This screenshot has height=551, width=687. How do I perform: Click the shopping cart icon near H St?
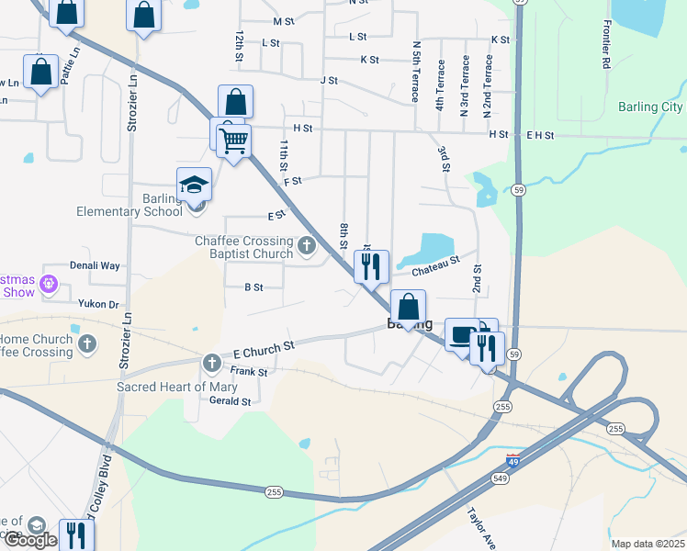(x=233, y=141)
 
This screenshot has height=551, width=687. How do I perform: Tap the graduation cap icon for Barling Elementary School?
(x=195, y=186)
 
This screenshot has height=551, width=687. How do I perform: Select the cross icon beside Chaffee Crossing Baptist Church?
(x=307, y=246)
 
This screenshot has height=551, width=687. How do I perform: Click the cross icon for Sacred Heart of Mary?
(x=212, y=363)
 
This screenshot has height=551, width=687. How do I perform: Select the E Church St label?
(x=264, y=348)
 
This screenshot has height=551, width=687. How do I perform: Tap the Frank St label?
(x=248, y=372)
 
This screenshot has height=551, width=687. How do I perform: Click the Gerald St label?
(x=230, y=401)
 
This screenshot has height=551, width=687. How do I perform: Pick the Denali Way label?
(x=97, y=265)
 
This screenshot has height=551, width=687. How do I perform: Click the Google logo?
(x=30, y=540)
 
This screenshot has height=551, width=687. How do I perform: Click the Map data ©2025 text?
(x=648, y=544)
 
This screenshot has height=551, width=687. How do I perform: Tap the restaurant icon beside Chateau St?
(x=371, y=267)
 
